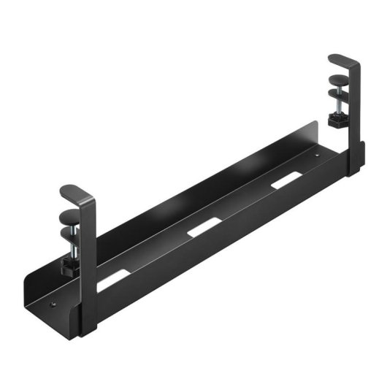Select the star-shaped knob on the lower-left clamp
coord(71,265)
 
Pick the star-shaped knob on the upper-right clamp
coord(337,120)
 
